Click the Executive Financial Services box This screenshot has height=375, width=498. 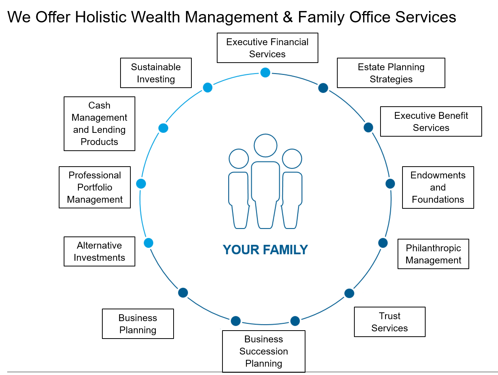pos(267,48)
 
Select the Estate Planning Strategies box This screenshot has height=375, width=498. pos(391,73)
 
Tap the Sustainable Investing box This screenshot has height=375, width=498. pos(156,73)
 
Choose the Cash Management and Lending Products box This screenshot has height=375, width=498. pos(99,124)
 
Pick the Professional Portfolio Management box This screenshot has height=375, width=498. pos(95,187)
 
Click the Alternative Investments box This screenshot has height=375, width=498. pos(99,251)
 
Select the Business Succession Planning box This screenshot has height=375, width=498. pos(263,351)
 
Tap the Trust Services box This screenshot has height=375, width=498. pos(390,322)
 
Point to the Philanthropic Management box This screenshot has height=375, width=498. pos(433,254)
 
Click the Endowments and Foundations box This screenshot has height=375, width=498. pos(438,187)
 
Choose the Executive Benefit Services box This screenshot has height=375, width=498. pos(431,121)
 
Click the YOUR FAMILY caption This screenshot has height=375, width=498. pos(265,250)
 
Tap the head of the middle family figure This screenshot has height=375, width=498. pos(265,145)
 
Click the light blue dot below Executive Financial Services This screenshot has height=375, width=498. pos(265,72)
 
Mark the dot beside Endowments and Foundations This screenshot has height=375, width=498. pos(390,184)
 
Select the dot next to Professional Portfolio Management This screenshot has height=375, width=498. pos(141,184)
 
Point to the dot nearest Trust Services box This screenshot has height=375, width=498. pos(349,293)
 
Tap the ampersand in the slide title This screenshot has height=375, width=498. pos(288,17)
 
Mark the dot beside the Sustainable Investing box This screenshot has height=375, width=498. pos(208,88)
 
